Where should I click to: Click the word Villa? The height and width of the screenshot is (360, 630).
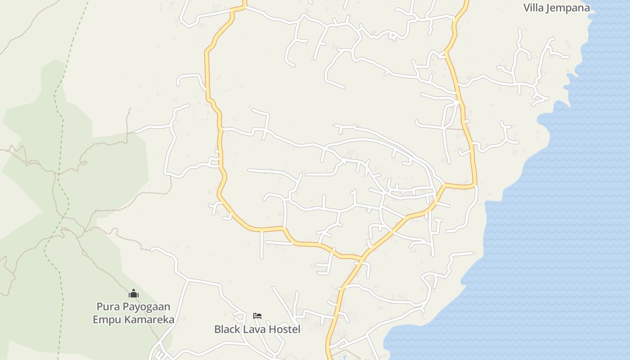click(x=533, y=8)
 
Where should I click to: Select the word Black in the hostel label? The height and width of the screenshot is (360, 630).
click(x=227, y=329)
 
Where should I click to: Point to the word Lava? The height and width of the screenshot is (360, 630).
click(x=253, y=329)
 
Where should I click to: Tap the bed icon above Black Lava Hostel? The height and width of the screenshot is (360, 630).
click(x=257, y=316)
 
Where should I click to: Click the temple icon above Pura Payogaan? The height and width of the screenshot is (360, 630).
click(x=133, y=294)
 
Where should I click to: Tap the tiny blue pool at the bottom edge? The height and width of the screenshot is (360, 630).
click(x=345, y=357)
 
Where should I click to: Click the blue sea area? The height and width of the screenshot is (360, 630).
click(x=562, y=225)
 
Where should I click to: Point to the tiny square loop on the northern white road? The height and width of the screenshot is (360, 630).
click(x=392, y=35)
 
